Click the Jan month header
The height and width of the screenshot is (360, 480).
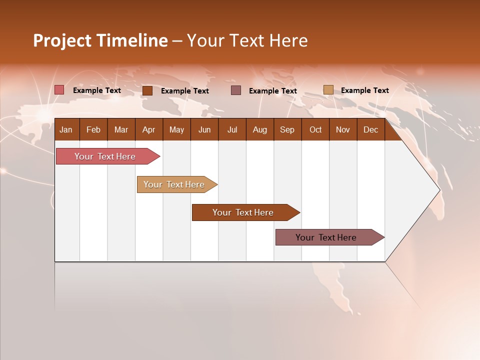coord(66,130)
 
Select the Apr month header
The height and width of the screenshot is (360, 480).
coord(148,130)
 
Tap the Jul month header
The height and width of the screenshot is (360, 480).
coord(232,130)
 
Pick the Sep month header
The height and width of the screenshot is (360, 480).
coord(287,130)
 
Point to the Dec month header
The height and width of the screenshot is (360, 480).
coord(370,130)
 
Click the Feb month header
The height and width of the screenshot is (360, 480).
coord(93,130)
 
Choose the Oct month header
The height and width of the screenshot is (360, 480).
coord(315,130)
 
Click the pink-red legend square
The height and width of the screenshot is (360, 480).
coord(59,90)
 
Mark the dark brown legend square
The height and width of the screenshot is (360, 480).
coord(147,90)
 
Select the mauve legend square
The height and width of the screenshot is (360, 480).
coord(236,90)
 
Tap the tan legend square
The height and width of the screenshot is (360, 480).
coord(328,90)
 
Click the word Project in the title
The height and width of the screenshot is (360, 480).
coord(63,40)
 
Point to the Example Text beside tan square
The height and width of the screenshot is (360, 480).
coord(364,90)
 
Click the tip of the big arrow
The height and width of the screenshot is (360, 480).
coord(438,190)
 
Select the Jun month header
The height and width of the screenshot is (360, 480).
coord(204,130)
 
